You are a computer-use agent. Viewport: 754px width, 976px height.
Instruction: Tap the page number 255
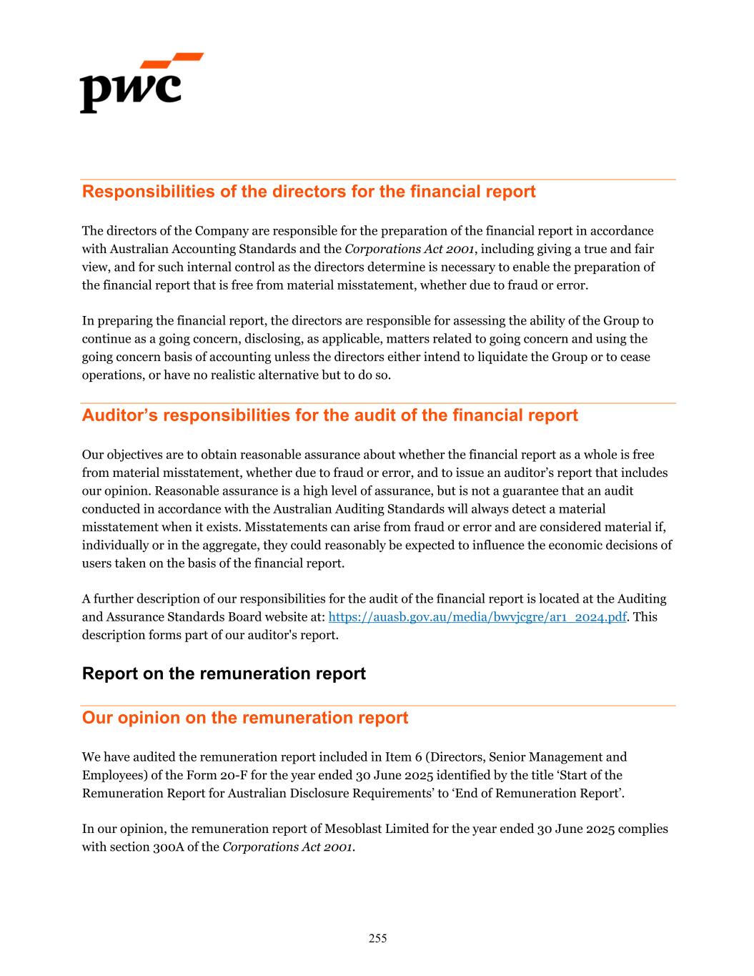[377, 938]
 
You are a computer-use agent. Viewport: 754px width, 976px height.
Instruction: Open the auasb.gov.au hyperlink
[477, 617]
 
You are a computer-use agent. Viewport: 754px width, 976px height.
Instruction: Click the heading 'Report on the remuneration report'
[224, 674]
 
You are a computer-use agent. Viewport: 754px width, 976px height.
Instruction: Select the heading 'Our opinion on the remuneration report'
[245, 718]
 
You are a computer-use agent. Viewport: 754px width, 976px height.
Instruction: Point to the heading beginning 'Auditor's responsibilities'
[329, 415]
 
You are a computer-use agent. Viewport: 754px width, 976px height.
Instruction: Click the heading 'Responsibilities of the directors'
[309, 192]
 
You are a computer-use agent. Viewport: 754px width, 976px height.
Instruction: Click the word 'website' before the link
[302, 617]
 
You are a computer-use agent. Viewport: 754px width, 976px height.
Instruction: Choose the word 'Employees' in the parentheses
[109, 775]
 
